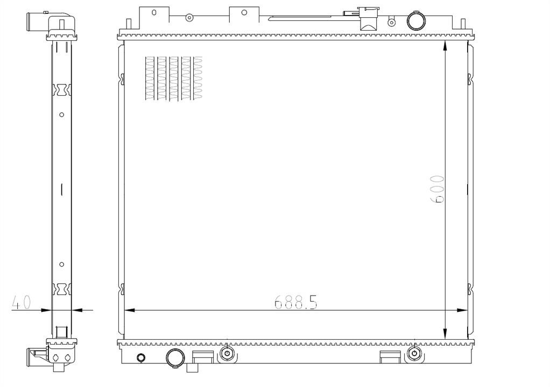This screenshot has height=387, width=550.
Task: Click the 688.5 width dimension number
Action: click(295, 302)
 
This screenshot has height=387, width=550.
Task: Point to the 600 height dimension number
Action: click(437, 189)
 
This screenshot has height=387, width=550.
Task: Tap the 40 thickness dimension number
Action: click(22, 302)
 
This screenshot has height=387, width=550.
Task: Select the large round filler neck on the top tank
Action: click(415, 21)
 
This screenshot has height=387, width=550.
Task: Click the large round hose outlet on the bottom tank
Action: click(175, 358)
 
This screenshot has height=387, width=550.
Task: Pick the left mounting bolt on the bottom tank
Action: click(227, 353)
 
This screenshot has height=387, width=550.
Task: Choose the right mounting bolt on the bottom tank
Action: click(414, 353)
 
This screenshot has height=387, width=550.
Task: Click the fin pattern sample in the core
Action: click(174, 78)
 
